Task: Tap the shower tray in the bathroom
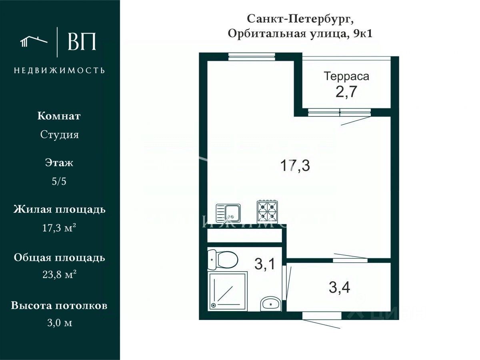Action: point(227,291)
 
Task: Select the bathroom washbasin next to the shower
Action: point(271,304)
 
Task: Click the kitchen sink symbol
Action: point(228,213)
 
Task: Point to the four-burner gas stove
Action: point(267,211)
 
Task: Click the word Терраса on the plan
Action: point(346,76)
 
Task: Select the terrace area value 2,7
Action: point(346,92)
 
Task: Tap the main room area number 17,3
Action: point(295,165)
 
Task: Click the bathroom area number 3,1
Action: point(264,264)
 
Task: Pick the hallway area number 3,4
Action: point(340,287)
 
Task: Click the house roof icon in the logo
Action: point(34,41)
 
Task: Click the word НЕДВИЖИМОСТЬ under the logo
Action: point(60,70)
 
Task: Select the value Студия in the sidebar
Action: point(59,135)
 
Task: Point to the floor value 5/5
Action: point(59,181)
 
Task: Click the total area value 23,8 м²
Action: point(59,275)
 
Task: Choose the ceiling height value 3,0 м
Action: point(59,323)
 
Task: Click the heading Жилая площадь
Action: point(59,209)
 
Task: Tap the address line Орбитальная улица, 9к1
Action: point(300,34)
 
